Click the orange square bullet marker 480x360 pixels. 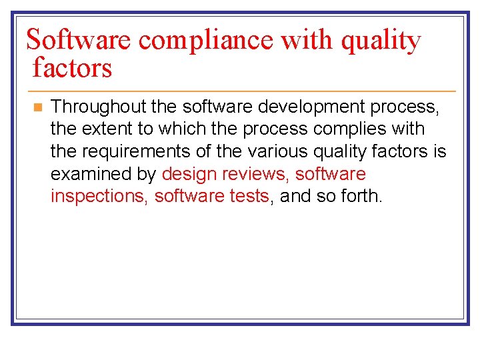(37, 107)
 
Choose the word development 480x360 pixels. (291, 107)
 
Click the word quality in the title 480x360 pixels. (381, 41)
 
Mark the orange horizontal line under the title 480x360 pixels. (240, 91)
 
